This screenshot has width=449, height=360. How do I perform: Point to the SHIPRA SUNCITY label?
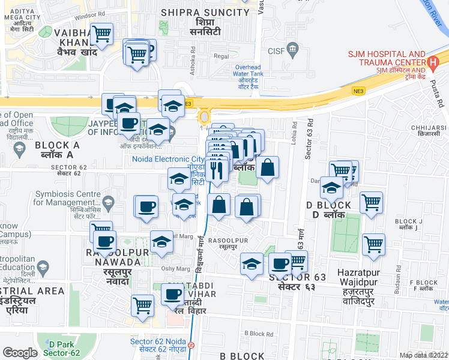click(x=200, y=16)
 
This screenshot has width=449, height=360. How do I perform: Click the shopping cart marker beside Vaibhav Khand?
click(x=102, y=35)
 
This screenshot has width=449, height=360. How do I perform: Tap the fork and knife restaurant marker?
click(x=217, y=169)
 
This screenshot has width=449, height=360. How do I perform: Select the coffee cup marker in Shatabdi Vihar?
click(x=173, y=295)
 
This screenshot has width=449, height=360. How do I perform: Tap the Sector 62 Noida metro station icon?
click(x=191, y=346)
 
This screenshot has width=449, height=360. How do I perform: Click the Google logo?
click(x=20, y=352)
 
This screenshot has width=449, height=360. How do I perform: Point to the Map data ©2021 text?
click(x=423, y=355)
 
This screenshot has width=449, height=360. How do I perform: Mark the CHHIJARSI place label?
click(x=428, y=131)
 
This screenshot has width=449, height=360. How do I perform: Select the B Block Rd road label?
click(x=259, y=334)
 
